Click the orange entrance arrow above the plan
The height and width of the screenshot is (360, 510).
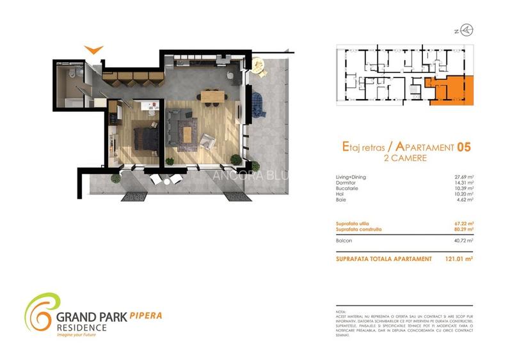93,49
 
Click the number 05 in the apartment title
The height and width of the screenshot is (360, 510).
464,147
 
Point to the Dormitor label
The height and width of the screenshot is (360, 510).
346,182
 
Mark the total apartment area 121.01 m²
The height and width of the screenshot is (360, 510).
458,260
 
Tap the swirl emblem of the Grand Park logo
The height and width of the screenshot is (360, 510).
40,311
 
